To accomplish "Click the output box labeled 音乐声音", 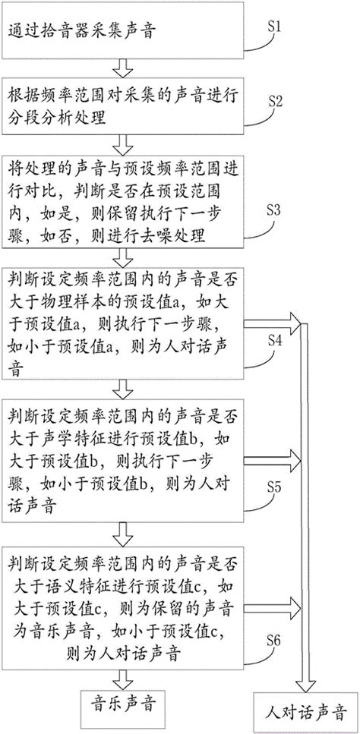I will (122, 701).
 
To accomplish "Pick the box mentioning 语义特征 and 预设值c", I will (121, 597).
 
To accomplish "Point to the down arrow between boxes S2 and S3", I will (122, 144).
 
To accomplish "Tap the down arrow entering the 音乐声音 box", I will (122, 674).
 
